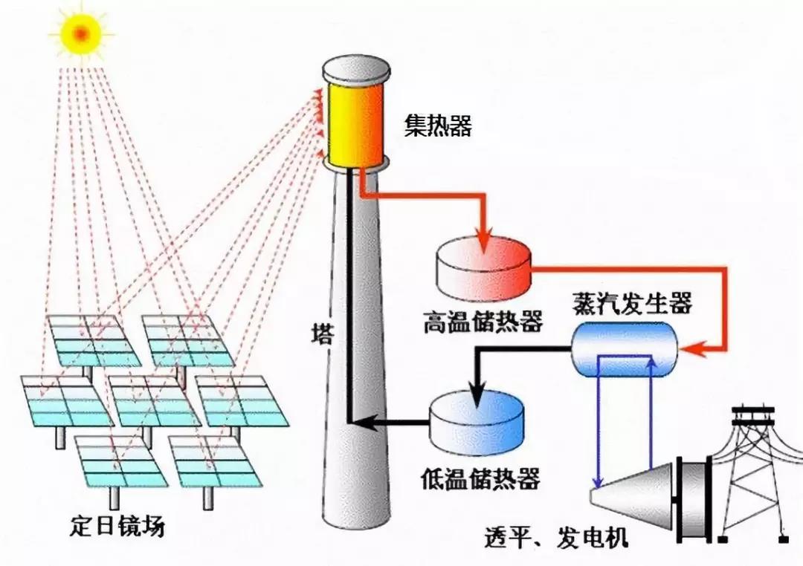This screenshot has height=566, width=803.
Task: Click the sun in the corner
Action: click(x=81, y=33)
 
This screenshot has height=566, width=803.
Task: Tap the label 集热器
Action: click(x=438, y=126)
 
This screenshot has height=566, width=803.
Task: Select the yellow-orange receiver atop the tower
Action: click(x=355, y=124)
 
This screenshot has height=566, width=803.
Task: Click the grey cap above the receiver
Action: click(x=356, y=71)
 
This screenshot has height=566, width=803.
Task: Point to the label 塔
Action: click(x=323, y=334)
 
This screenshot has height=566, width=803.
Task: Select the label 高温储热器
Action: click(x=483, y=322)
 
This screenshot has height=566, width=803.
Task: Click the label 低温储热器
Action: click(x=480, y=478)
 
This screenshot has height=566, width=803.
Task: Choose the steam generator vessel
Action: click(x=625, y=350)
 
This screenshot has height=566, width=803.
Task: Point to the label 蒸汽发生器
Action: click(x=633, y=302)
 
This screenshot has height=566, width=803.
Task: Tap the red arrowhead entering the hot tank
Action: click(x=483, y=242)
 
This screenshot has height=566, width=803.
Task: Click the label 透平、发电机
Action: click(x=555, y=538)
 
